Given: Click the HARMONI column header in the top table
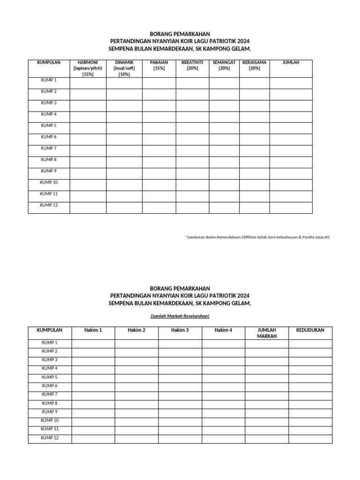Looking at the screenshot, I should click(x=88, y=68).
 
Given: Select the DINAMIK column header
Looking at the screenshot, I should click(x=124, y=68).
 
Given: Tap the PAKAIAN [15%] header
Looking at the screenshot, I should click(x=159, y=65).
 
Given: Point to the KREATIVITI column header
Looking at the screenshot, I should click(x=192, y=65).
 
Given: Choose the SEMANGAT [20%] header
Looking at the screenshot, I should click(x=224, y=65).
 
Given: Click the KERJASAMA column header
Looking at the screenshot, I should click(x=255, y=65).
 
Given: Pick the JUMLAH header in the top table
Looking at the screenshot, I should click(x=291, y=62).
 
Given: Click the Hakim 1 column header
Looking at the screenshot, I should click(x=93, y=330).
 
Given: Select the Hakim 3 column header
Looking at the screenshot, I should click(x=180, y=330).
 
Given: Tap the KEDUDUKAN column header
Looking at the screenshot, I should click(x=310, y=330).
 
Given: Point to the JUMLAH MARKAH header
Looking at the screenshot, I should click(x=267, y=333).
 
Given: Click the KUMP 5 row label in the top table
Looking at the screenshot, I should click(x=49, y=126).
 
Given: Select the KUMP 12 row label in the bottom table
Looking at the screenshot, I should click(x=49, y=438).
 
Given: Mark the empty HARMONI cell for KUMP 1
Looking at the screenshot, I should click(x=88, y=83).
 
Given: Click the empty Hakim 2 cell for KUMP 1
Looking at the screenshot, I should click(x=136, y=344).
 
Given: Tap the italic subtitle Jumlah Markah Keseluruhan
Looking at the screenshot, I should click(x=180, y=316).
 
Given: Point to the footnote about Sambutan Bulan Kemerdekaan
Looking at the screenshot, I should click(x=257, y=237).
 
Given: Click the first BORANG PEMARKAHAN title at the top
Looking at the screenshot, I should click(x=180, y=34).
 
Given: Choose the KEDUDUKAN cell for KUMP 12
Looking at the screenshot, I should click(x=310, y=439).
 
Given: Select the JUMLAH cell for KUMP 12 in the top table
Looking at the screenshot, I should click(x=291, y=208).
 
